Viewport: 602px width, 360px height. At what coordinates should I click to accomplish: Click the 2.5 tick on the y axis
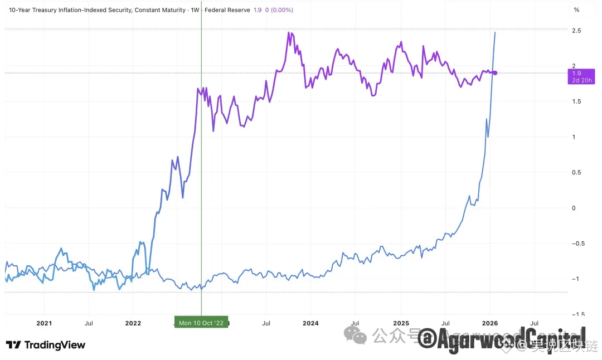coord(577,31)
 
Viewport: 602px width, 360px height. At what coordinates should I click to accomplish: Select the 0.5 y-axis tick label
coord(577,172)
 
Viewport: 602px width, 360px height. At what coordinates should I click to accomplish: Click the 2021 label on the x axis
coord(44,323)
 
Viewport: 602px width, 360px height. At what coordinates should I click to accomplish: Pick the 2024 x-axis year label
coord(310,323)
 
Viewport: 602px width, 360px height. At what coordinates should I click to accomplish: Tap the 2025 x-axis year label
coord(401,323)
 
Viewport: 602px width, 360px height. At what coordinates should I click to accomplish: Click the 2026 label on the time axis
coord(490,323)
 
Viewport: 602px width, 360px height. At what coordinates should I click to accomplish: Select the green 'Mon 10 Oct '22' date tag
coord(201,323)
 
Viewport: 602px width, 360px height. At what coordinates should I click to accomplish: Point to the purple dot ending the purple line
coord(496,73)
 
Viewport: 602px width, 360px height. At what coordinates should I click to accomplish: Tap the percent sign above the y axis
coord(577,9)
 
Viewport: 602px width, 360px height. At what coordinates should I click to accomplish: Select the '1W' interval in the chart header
coord(196,10)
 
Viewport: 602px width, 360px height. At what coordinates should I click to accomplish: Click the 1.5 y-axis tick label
coord(577,101)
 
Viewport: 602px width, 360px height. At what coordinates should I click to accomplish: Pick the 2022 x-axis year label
coord(133,323)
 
